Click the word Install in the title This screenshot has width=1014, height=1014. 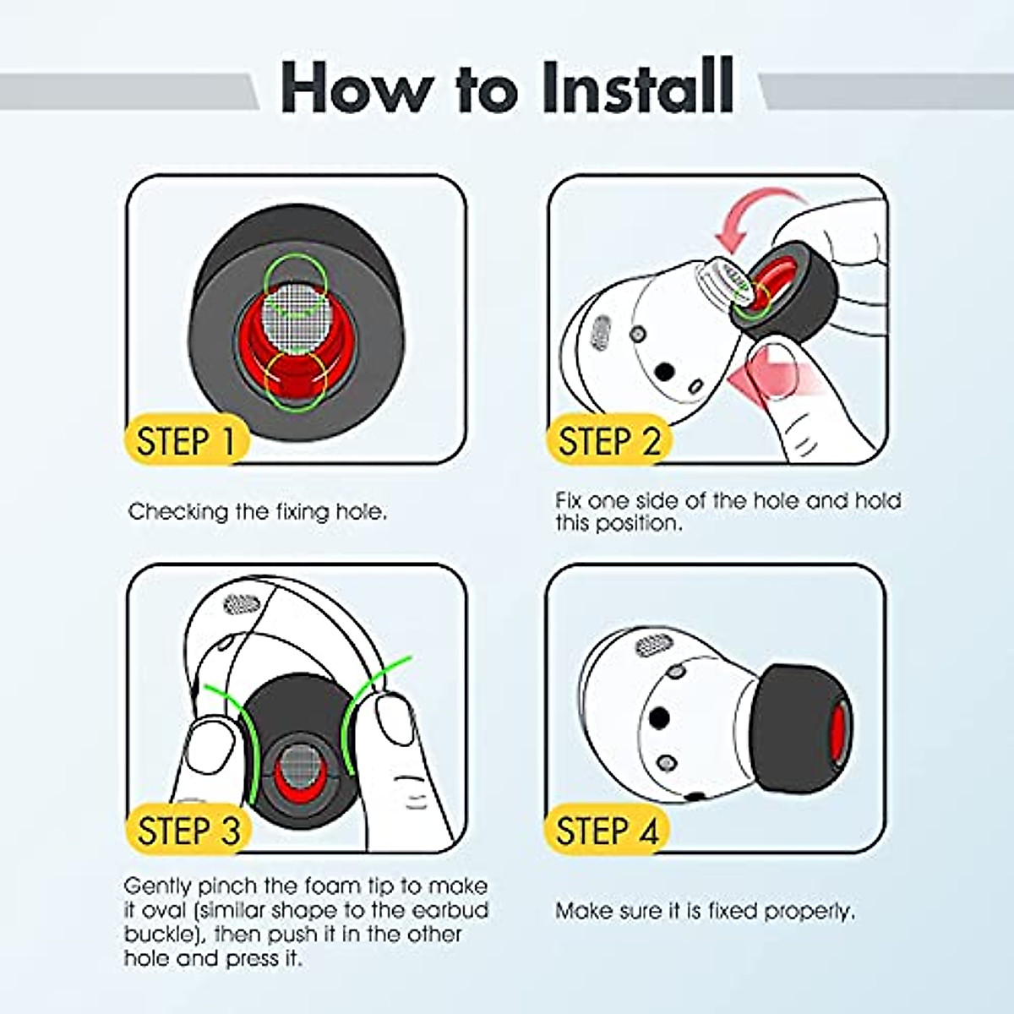(638, 86)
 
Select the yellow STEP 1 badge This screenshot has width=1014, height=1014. (186, 441)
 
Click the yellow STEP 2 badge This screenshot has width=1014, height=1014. (608, 441)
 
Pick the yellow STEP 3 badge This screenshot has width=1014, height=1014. (188, 831)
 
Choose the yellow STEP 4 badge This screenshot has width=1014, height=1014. (608, 831)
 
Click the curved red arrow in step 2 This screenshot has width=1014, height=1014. (758, 215)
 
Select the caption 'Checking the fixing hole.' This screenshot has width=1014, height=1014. (258, 511)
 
